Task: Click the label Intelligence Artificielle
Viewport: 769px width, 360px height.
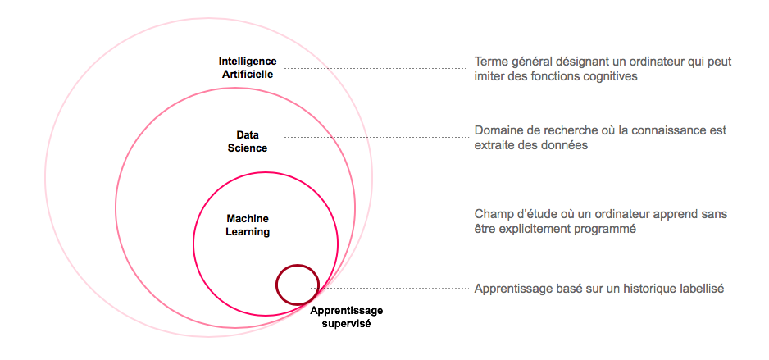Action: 248,67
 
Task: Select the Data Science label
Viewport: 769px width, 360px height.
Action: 247,141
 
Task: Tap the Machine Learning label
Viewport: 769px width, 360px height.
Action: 248,226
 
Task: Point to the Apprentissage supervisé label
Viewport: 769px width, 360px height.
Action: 346,317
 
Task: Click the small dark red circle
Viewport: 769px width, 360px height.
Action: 297,285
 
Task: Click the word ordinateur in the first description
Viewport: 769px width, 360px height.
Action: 657,62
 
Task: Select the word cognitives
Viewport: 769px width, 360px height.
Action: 610,76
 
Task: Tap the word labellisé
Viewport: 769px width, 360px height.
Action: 694,289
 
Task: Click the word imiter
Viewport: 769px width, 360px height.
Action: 490,76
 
